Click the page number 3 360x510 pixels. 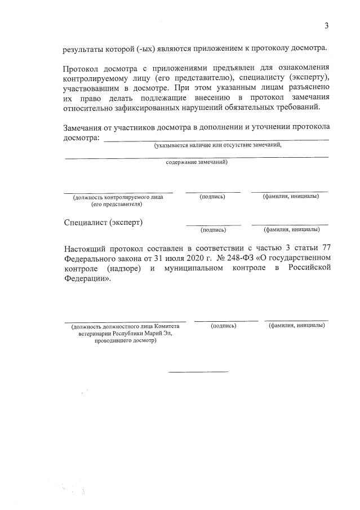(326, 25)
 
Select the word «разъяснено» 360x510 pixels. (308, 89)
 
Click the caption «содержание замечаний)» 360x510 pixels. (197, 162)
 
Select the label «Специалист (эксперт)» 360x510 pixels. (104, 222)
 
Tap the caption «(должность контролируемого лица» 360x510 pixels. (118, 197)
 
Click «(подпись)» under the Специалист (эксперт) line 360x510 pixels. (214, 230)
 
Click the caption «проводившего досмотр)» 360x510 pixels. (125, 341)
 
